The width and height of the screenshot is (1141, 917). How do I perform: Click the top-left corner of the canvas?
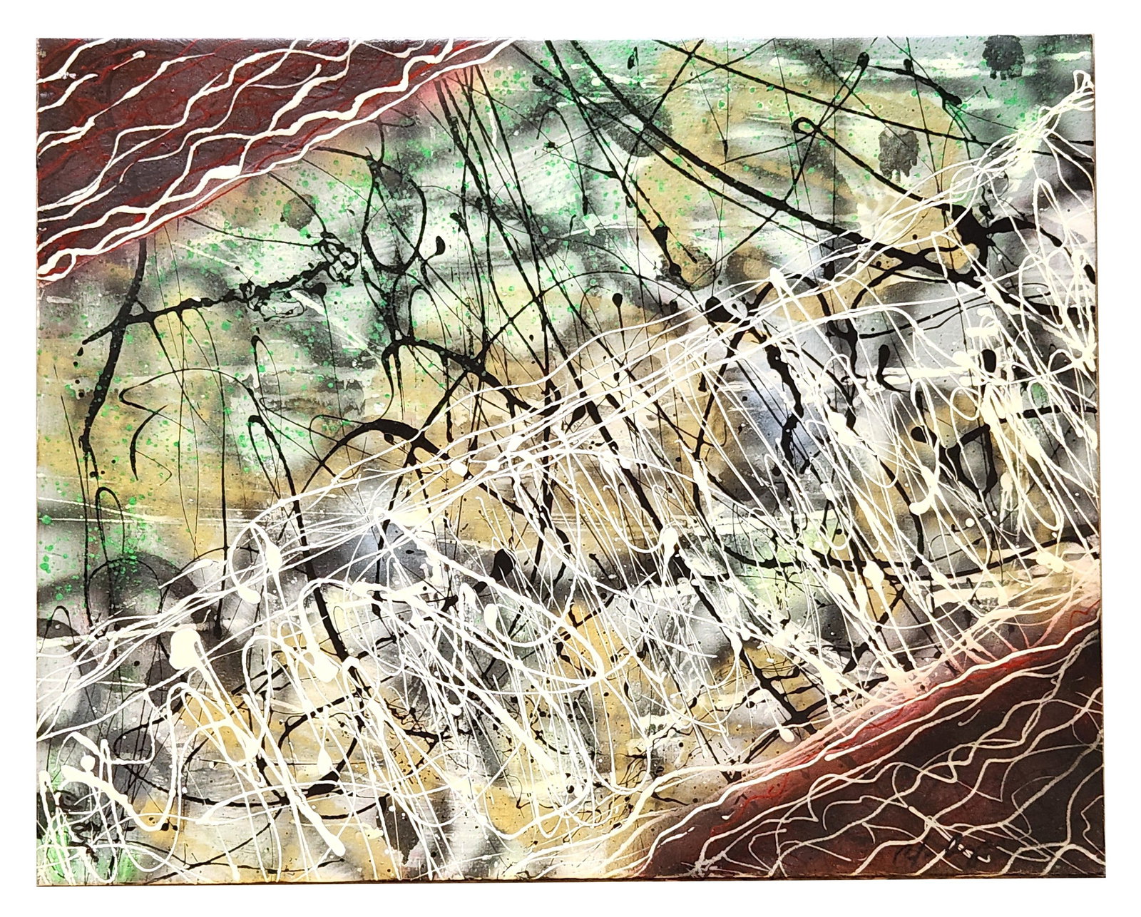click(x=37, y=37)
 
